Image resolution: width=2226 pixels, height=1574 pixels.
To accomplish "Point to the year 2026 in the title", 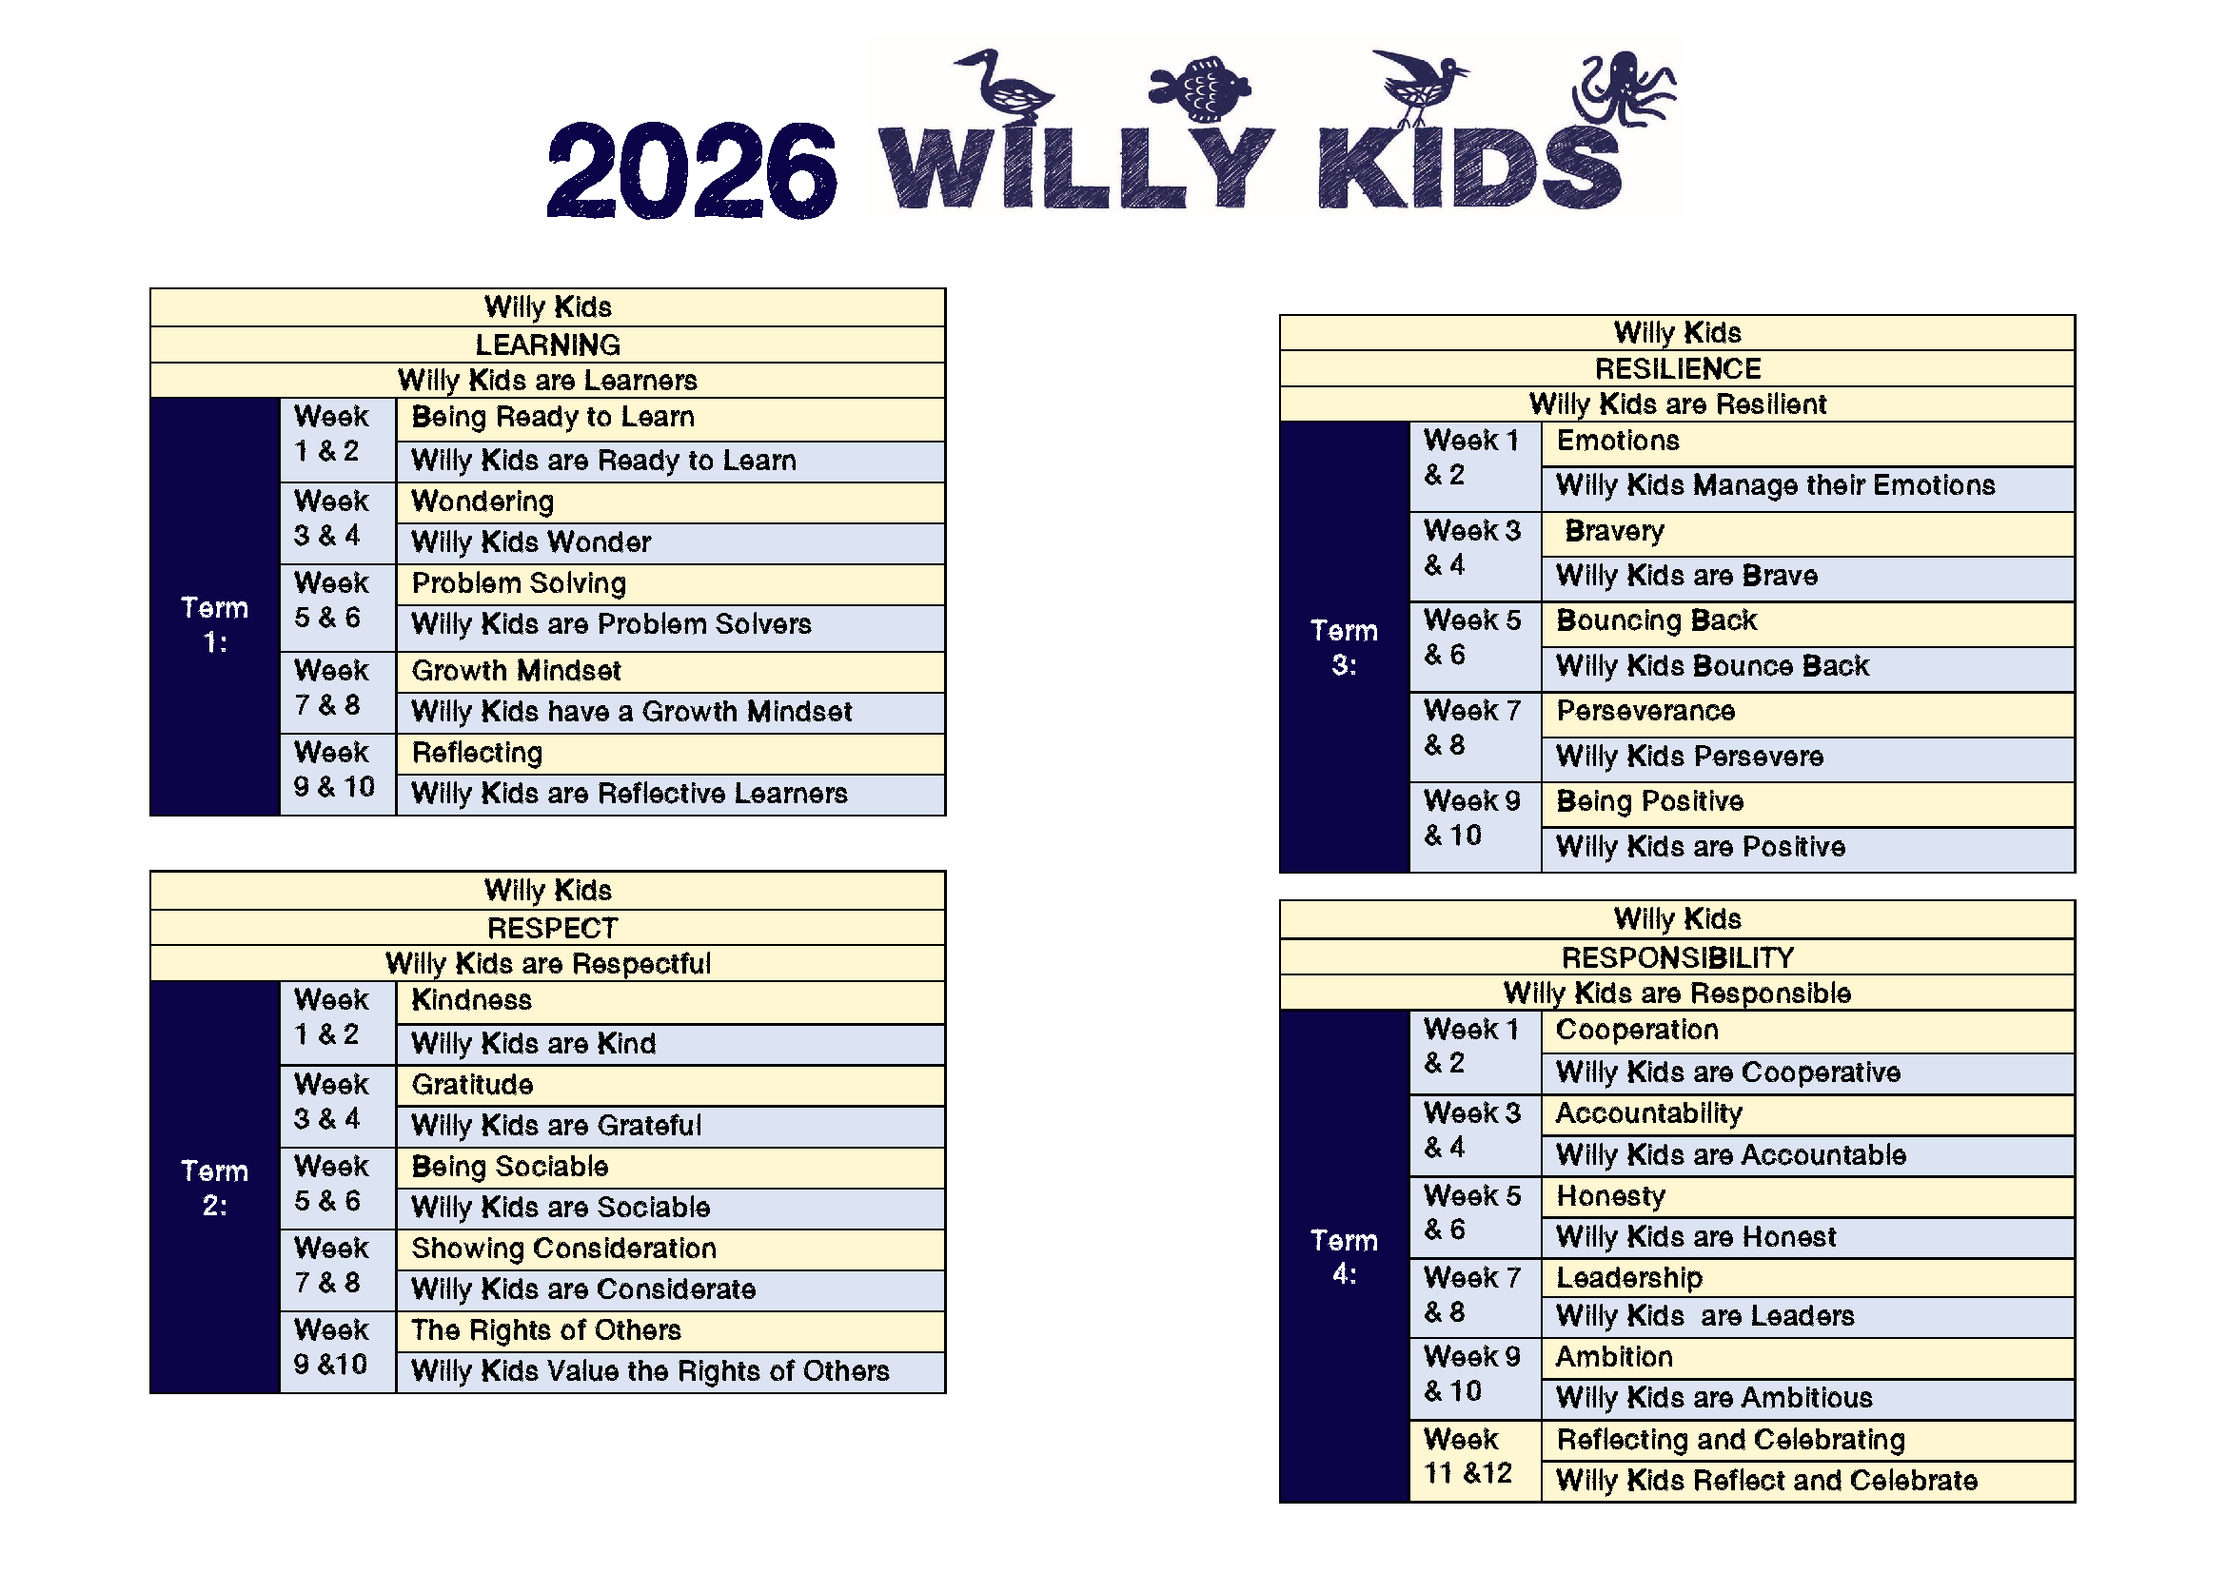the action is [x=691, y=170].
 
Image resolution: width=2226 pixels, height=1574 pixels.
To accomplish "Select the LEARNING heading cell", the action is [x=548, y=344].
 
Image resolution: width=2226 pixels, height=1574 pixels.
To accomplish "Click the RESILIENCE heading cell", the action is [x=1677, y=368].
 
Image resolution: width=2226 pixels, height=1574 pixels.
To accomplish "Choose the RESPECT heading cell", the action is [x=548, y=928].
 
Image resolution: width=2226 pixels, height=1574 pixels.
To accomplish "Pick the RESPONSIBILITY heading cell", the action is [x=1677, y=956].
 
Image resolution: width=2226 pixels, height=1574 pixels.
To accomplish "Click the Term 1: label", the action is [x=214, y=624].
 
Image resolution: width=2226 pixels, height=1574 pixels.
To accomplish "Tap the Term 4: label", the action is [x=1344, y=1256].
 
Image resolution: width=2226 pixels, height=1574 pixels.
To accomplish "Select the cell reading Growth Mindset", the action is [x=671, y=671].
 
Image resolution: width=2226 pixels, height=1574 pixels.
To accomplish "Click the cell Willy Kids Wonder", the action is [x=671, y=542].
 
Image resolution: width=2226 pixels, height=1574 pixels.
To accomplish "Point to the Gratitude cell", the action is [x=671, y=1085].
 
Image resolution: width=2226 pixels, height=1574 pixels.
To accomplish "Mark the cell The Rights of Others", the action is [x=671, y=1330].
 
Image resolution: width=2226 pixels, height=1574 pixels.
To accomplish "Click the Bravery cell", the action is [x=1808, y=532].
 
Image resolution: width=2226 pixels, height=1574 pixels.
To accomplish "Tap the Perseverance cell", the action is [x=1808, y=713].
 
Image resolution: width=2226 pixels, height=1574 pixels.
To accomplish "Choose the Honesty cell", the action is [x=1808, y=1196].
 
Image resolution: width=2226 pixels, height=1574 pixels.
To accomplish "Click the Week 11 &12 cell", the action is [x=1474, y=1461].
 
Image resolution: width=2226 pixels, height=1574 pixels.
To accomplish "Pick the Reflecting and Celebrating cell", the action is [x=1808, y=1440].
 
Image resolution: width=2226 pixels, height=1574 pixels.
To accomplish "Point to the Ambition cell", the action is [x=1808, y=1358].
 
